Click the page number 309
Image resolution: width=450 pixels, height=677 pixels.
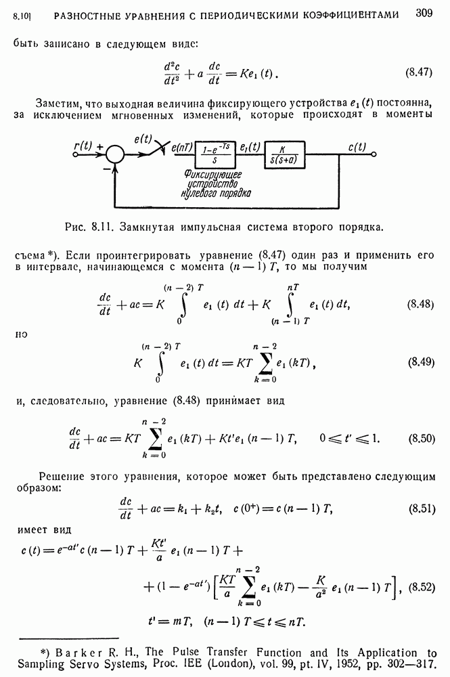click(x=424, y=13)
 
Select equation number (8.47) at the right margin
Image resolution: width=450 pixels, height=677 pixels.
click(x=420, y=71)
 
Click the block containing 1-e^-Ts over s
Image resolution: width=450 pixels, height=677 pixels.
click(x=216, y=154)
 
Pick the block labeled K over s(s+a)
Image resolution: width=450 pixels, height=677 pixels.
click(x=285, y=154)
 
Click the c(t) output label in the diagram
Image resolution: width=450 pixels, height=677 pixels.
click(x=357, y=146)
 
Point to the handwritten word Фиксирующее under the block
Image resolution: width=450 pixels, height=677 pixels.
click(x=212, y=174)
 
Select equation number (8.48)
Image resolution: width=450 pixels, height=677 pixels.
click(x=420, y=304)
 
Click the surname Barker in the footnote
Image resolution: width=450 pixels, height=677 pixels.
click(x=75, y=653)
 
